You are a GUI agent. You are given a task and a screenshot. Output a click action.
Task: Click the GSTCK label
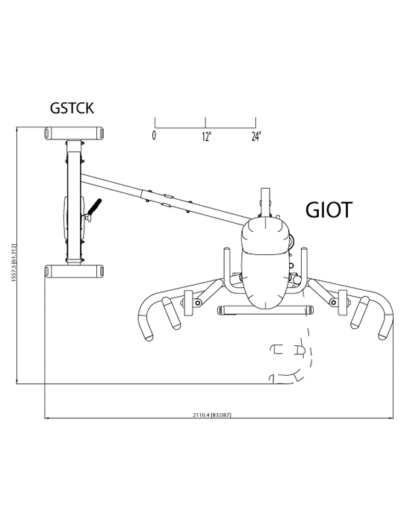[x=72, y=108]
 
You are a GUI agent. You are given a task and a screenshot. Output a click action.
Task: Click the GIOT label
[x=329, y=210]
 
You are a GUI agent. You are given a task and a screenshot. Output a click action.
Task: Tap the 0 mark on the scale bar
[x=154, y=136]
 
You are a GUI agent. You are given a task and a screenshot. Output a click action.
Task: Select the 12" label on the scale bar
[x=207, y=136]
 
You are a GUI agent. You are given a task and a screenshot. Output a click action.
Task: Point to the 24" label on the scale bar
[x=256, y=136]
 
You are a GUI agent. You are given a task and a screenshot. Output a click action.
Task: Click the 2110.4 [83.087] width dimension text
[x=211, y=415]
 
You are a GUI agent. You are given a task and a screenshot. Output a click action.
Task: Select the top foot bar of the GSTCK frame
[x=74, y=133]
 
